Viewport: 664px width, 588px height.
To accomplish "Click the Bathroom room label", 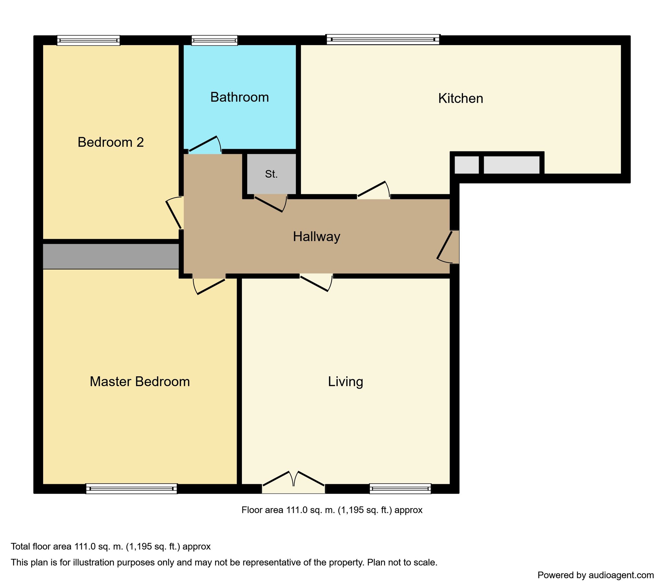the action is pos(239,97).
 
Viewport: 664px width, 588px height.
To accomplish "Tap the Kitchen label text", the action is pos(461,99).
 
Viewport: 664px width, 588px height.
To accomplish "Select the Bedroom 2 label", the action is pos(111,142).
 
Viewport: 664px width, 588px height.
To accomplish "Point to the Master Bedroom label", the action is pos(140,382).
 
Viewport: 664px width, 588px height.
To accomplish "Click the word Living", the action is pos(345,382).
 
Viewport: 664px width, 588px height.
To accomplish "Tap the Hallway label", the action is pos(316,237).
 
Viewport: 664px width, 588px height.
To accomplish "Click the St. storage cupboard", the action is pos(272,174).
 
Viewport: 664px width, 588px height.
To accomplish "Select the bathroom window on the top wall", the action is pos(214,40).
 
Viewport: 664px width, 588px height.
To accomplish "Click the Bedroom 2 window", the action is pos(89,40).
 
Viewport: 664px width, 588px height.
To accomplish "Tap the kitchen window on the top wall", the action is pos(383,39).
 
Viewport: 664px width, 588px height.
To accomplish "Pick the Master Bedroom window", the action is pos(132,488).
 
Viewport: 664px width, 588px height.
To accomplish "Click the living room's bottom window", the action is pos(400,488).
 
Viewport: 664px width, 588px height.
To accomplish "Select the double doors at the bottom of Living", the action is pos(293,482).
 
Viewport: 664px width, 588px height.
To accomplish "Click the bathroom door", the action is pos(205,145).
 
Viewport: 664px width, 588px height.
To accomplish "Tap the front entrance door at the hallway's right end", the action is pos(448,247).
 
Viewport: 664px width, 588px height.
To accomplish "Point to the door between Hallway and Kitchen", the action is pos(373,190).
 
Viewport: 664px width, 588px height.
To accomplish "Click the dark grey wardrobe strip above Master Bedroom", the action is pos(111,257).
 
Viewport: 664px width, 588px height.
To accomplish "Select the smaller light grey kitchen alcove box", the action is pos(467,165).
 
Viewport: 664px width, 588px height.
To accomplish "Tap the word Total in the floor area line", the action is pos(20,547).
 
